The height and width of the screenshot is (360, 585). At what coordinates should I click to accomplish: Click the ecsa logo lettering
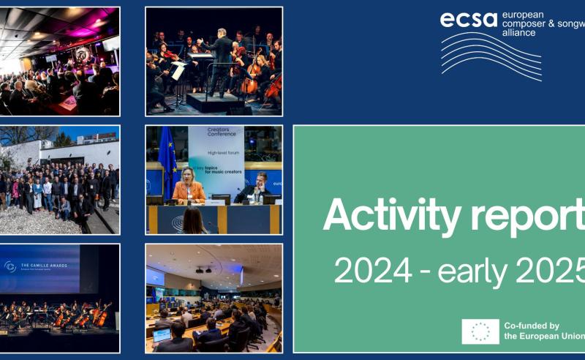click(x=469, y=19)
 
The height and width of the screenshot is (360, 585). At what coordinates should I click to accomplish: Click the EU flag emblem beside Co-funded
click(x=480, y=331)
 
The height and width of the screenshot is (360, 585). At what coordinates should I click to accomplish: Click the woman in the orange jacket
click(x=189, y=190)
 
